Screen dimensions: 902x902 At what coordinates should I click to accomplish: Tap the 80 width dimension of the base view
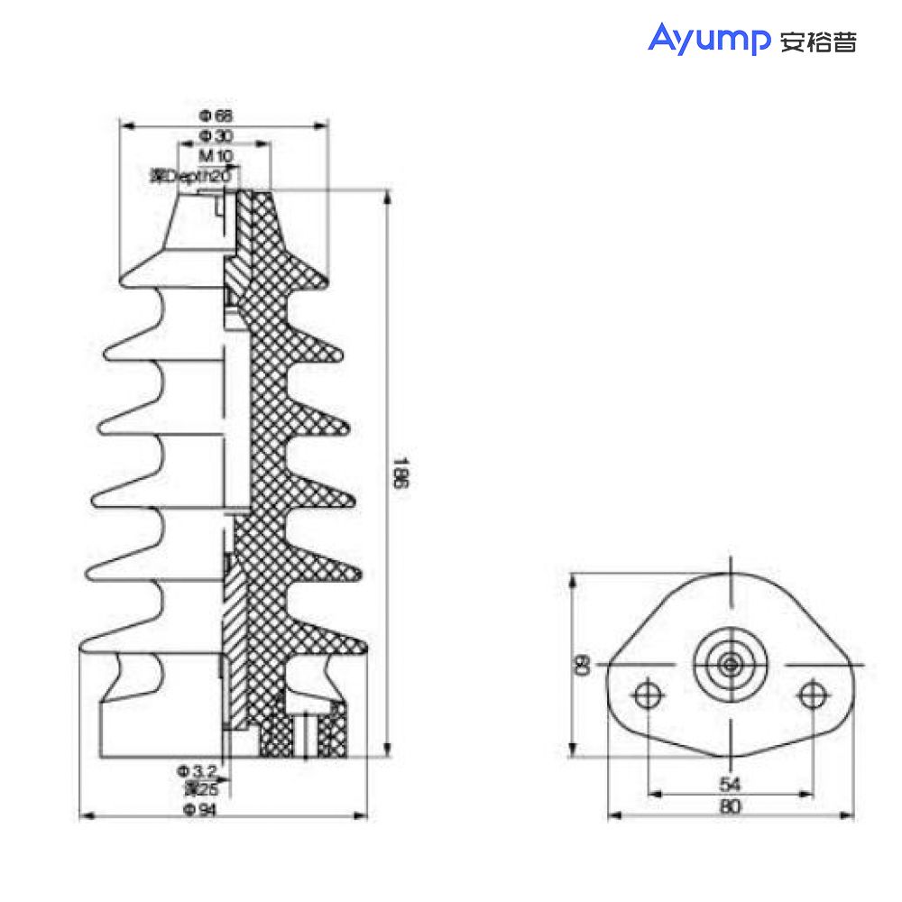click(731, 807)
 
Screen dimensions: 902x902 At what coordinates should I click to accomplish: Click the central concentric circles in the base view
click(731, 665)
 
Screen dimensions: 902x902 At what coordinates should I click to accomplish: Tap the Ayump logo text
click(708, 40)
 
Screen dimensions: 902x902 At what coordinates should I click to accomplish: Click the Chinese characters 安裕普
click(817, 41)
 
